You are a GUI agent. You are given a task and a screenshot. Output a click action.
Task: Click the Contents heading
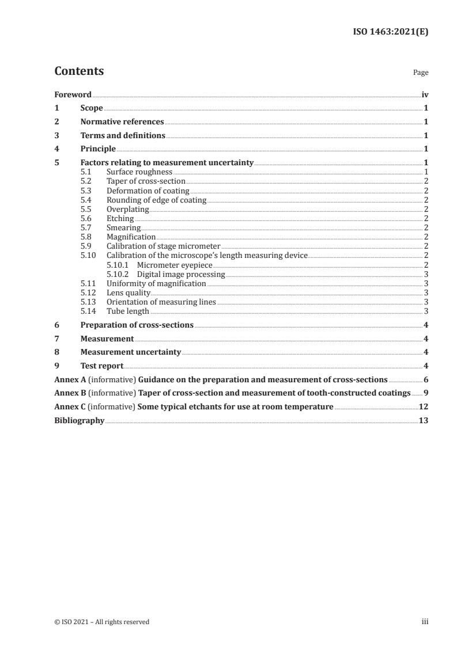79,71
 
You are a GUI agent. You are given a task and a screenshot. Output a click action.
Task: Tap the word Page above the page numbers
421,73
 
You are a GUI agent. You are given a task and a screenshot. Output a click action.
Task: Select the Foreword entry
73,94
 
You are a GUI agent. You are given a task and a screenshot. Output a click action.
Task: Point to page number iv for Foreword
425,94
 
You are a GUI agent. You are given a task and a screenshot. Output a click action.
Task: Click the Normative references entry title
122,122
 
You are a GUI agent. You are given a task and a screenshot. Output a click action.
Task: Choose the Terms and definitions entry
123,136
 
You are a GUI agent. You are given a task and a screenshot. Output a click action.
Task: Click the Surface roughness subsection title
139,172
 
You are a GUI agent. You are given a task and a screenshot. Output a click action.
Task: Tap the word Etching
120,219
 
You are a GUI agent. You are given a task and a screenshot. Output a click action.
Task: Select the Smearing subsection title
124,228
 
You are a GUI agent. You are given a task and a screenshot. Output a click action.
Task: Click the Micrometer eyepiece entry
175,265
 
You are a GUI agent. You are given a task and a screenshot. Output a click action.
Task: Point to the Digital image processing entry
181,275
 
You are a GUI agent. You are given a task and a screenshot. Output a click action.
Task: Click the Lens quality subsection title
129,293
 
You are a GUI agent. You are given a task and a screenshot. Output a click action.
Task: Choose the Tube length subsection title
128,311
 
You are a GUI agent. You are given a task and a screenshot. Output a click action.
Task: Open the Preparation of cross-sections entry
137,325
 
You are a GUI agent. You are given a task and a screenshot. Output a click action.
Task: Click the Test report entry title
102,366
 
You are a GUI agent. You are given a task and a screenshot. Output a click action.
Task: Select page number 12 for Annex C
424,407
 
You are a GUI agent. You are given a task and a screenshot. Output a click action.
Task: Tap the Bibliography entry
79,421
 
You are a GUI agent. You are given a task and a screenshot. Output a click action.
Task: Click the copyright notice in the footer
102,622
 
